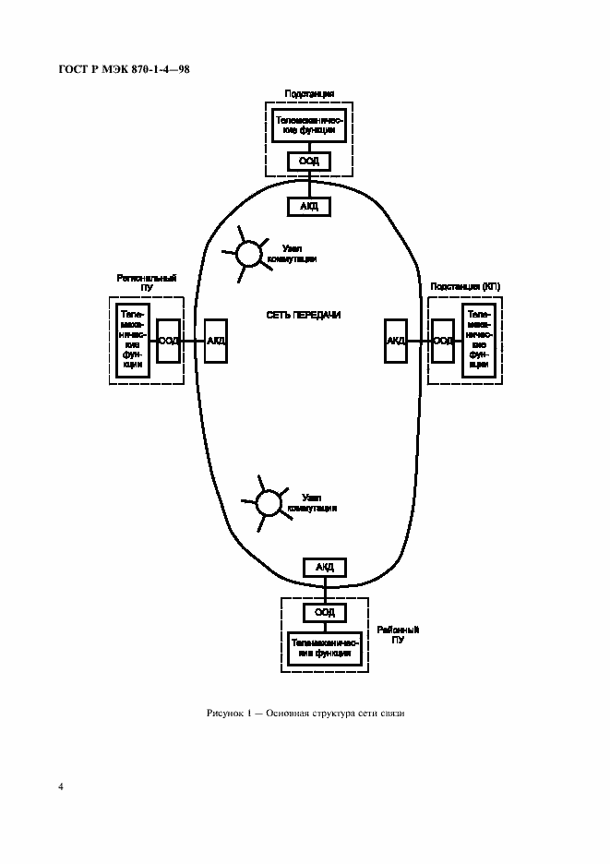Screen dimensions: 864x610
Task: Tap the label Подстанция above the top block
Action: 309,94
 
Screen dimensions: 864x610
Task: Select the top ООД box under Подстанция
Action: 309,161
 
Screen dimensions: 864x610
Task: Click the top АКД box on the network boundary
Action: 309,206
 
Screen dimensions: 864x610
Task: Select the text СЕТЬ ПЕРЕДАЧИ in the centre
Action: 303,315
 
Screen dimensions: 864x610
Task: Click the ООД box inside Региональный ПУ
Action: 169,341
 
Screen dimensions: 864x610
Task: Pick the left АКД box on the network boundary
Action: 216,341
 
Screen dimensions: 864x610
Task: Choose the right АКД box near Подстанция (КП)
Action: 396,341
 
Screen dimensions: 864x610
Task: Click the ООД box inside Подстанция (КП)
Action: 443,341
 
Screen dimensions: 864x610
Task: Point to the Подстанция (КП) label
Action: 465,287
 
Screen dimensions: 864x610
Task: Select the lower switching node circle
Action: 268,502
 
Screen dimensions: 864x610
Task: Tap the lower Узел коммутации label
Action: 311,502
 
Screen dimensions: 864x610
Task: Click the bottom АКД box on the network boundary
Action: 324,567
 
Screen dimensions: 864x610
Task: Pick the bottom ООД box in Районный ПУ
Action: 324,612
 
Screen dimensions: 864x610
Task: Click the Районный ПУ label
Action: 398,634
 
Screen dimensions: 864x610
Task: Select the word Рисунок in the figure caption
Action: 226,714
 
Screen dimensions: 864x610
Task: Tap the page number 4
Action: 60,787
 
